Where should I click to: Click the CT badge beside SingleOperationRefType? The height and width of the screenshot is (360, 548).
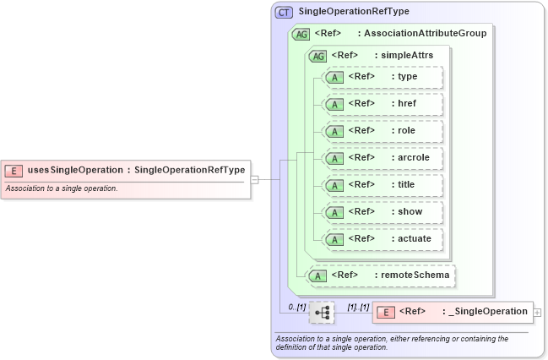click(x=285, y=13)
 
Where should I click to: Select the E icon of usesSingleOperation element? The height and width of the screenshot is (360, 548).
click(x=14, y=171)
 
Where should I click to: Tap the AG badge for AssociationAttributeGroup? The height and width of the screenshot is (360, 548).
click(x=300, y=34)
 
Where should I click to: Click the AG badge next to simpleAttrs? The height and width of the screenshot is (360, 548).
click(x=318, y=56)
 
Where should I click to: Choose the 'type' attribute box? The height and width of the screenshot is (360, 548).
click(x=384, y=77)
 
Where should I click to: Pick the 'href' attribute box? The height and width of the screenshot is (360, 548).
click(x=384, y=104)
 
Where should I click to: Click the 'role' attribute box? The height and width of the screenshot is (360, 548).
click(x=384, y=131)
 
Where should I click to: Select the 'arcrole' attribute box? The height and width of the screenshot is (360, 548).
click(x=384, y=158)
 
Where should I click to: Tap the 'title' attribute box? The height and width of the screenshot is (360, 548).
click(x=384, y=185)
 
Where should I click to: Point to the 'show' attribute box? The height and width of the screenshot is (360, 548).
click(x=384, y=212)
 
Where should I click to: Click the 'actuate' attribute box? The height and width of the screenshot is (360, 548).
click(x=384, y=239)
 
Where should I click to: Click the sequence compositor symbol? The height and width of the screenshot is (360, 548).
click(x=322, y=313)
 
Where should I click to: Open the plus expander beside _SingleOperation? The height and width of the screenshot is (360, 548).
click(x=538, y=313)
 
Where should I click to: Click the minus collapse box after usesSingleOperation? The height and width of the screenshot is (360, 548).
click(x=254, y=179)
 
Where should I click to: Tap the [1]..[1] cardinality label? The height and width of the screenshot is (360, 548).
click(x=359, y=306)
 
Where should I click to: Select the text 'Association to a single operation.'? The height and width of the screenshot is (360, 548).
click(x=62, y=188)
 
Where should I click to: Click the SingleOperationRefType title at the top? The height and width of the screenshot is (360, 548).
click(x=354, y=13)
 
